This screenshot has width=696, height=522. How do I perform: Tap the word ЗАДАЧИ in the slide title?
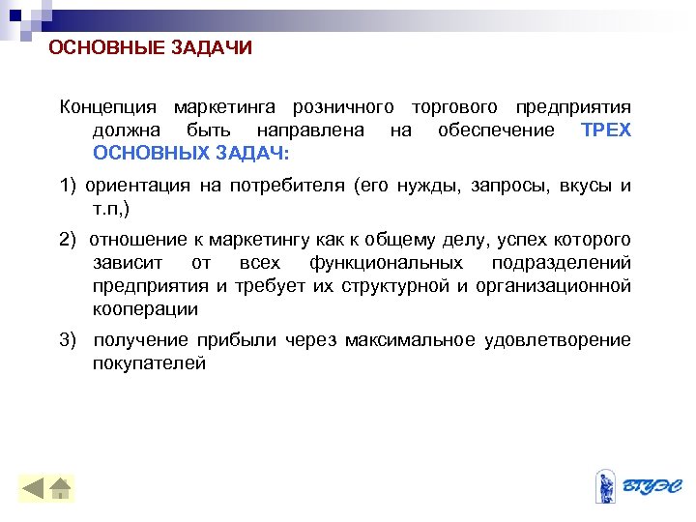click(x=207, y=48)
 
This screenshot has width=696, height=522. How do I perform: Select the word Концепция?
click(x=107, y=105)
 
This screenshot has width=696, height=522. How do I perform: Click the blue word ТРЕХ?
click(x=606, y=130)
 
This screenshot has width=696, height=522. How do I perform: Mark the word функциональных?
click(x=386, y=263)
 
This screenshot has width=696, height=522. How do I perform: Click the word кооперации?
click(x=145, y=309)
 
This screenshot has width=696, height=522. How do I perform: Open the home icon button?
click(x=60, y=488)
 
